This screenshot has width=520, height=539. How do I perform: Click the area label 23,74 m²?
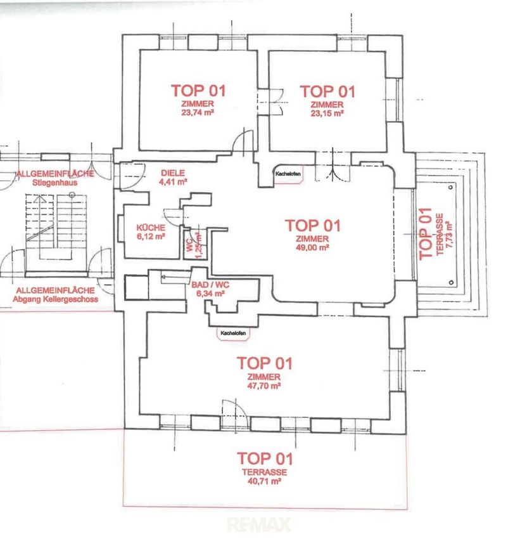[198, 112]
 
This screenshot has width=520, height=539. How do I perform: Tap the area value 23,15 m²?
[327, 113]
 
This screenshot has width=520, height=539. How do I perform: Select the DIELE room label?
[173, 173]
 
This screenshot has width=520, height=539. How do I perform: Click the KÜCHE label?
[151, 228]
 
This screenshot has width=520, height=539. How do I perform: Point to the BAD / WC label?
[210, 285]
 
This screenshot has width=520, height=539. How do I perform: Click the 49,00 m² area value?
[312, 247]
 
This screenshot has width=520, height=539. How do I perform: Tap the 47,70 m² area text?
[264, 386]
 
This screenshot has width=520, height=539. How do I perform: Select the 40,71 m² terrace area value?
[264, 481]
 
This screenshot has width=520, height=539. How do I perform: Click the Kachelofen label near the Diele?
[288, 174]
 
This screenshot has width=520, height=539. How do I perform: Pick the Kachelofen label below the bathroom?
[233, 333]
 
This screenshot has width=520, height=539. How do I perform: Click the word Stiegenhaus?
[55, 183]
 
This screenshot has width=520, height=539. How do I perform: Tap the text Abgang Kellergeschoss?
[55, 299]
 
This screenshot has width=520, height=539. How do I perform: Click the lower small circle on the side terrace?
[451, 283]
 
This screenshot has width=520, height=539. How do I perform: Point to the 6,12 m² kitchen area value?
[151, 237]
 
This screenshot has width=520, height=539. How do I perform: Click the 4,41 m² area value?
[173, 182]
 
